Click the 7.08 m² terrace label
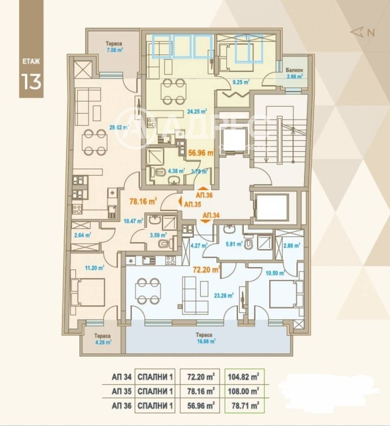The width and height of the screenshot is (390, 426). pos(114,46)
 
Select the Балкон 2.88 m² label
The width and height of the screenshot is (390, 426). pos(294,73)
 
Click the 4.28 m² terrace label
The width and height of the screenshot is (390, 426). pos(102,339)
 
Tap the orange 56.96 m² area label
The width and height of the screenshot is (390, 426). pos(201,152)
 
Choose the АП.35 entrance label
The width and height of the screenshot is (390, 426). pos(192,204)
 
